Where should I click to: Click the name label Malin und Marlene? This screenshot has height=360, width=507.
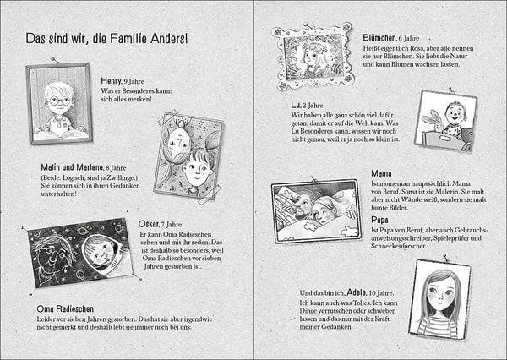(73, 166)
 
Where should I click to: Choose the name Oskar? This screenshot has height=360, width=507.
(149, 223)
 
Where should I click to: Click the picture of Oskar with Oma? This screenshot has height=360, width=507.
(81, 251)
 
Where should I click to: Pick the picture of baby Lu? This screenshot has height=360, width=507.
(444, 120)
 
